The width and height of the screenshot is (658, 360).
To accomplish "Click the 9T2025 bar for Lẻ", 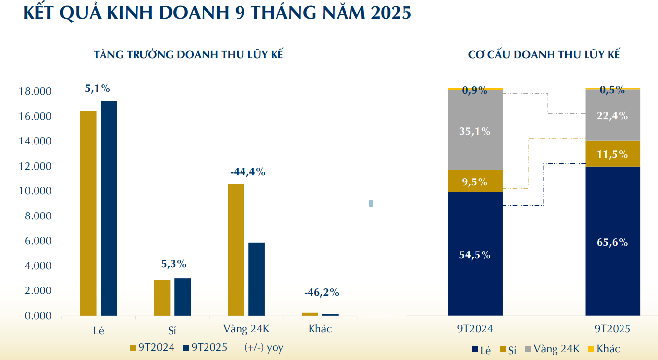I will click(109, 208).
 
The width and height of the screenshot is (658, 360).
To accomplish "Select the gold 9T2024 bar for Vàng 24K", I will click(236, 250).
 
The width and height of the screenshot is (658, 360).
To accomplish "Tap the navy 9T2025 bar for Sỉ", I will click(182, 296).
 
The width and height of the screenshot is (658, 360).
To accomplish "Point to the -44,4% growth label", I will click(247, 172).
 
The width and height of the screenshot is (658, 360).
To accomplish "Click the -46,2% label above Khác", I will click(321, 292).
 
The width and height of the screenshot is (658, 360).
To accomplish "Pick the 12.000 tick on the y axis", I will click(35, 167).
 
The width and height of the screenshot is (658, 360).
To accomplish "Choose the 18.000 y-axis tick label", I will click(35, 92).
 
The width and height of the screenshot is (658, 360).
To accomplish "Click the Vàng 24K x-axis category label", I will click(246, 329).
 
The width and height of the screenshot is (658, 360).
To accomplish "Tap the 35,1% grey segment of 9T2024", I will click(475, 131).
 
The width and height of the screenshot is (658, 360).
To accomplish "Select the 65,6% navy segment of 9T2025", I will click(613, 242).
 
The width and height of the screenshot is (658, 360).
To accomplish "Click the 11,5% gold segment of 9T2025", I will click(613, 154).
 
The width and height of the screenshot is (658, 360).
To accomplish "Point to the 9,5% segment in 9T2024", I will click(475, 181).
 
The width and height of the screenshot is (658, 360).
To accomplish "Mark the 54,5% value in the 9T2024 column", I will click(475, 255).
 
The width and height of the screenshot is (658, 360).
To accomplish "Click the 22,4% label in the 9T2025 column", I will click(613, 116).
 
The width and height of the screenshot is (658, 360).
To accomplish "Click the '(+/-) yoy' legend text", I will click(264, 347).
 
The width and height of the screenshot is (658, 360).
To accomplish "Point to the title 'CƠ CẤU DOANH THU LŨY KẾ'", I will click(544, 55).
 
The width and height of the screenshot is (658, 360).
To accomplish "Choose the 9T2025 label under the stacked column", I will click(613, 329).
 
